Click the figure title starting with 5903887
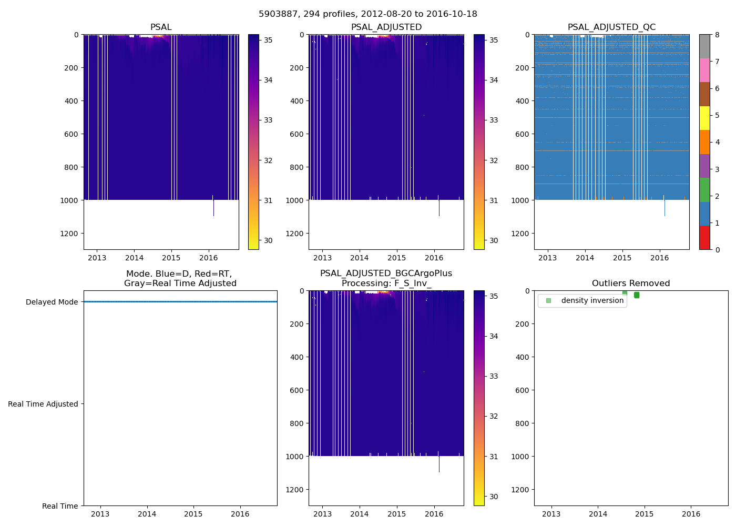367,14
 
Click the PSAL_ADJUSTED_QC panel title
611,27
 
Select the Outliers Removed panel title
630,284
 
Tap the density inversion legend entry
592,301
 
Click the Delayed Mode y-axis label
52,302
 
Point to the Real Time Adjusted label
43,404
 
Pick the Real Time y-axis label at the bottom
60,506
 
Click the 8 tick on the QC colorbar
717,35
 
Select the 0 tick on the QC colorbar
717,250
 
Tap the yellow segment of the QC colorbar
704,118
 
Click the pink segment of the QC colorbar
704,70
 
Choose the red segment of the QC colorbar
704,238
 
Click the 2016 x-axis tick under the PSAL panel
208,258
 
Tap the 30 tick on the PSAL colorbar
268,241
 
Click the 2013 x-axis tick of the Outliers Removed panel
551,514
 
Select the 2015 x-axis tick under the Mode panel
193,514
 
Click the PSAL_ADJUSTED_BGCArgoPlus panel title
386,278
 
